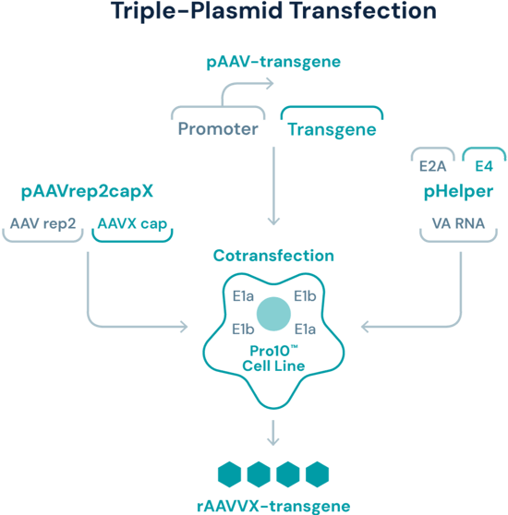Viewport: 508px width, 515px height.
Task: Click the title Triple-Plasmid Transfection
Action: click(273, 12)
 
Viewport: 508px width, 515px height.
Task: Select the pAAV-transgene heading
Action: click(273, 63)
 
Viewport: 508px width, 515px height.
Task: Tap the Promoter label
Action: click(219, 129)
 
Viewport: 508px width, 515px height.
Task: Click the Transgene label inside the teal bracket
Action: click(332, 129)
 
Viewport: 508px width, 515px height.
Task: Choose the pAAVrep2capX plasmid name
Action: click(88, 193)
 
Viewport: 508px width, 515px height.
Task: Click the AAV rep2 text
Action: click(44, 223)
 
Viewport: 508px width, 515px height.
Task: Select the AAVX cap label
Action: click(132, 223)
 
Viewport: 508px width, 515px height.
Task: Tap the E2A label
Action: click(432, 166)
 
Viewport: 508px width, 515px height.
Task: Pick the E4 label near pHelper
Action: click(484, 166)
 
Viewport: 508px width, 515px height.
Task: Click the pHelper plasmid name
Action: click(458, 193)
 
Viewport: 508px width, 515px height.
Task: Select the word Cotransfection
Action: click(273, 256)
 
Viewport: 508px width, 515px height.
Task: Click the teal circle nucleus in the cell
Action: click(273, 313)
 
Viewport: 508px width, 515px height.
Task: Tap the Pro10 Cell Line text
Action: click(273, 359)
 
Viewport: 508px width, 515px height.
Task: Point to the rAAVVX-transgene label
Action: click(273, 506)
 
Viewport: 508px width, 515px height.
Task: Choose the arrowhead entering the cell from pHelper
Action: click(365, 326)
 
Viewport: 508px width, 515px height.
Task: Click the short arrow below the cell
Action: click(273, 432)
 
